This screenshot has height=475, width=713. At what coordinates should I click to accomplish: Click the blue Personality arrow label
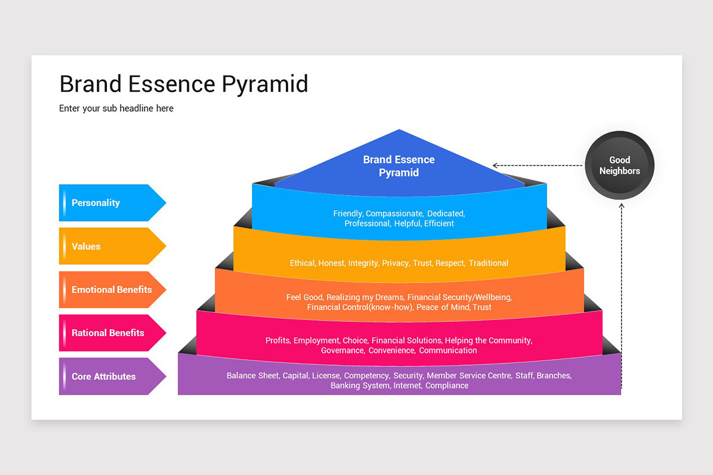[107, 203]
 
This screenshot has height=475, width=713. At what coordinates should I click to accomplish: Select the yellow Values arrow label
[107, 246]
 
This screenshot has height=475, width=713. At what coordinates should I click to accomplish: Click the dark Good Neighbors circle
[620, 165]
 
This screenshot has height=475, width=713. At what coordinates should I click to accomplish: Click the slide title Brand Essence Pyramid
[184, 84]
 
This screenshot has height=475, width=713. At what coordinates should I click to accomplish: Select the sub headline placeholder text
[116, 109]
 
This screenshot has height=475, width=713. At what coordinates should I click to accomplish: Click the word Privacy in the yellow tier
[395, 263]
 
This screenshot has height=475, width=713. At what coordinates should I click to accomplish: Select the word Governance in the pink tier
[342, 350]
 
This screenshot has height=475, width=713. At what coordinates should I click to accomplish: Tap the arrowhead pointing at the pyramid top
[496, 166]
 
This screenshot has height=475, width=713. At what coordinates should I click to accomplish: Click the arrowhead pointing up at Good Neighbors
[621, 205]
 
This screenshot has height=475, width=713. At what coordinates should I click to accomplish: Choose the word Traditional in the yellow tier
[488, 263]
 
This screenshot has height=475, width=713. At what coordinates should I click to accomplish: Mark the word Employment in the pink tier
[316, 341]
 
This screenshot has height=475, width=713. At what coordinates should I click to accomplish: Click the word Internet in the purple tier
[408, 386]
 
